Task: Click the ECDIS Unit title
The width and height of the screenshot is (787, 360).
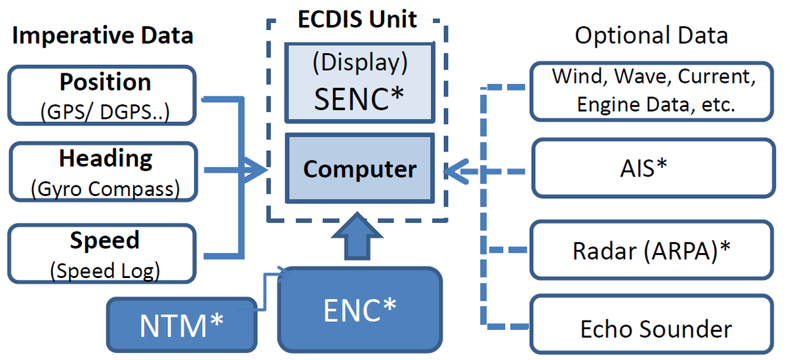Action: [x=358, y=19]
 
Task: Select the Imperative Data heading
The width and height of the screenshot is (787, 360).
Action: [x=103, y=35]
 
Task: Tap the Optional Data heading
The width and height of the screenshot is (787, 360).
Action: [x=651, y=35]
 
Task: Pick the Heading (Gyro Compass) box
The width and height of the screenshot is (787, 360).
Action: [x=104, y=172]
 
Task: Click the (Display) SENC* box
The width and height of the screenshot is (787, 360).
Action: [x=359, y=83]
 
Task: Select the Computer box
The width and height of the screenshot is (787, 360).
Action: [x=359, y=169]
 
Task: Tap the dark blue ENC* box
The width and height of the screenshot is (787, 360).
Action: [x=359, y=310]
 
